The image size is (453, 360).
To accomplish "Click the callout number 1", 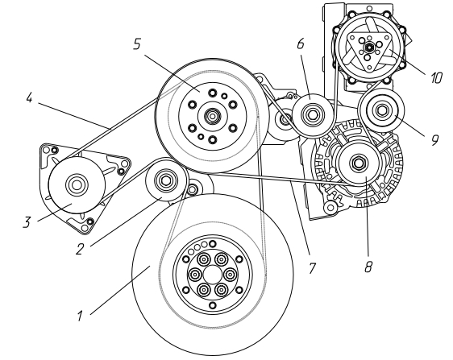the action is pos(80,316).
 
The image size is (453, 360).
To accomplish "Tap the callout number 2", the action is pos(80,249).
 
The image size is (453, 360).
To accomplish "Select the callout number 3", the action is pos(27,222).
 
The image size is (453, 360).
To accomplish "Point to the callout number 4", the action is pos(29,98).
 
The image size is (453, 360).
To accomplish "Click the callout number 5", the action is pos(137,43).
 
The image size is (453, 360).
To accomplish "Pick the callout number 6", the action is pos(301,43).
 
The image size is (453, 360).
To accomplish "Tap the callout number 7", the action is pos(312,268).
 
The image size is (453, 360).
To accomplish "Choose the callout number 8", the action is pos(368,267).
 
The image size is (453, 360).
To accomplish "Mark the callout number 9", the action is pos(434,139).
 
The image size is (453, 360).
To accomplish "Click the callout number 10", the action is pos(436,77).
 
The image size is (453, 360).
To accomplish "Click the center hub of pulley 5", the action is pos(212,116).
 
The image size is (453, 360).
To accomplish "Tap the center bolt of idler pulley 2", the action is pos(165,180).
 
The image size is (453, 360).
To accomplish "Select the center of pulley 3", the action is pos(77,185).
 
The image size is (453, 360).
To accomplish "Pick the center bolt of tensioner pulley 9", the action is pos(381,110).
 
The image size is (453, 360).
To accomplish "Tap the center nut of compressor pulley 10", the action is pos(369,47).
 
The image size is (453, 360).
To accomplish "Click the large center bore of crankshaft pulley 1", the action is pos(212,275).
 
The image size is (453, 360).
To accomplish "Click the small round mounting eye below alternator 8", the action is pos(330,207).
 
